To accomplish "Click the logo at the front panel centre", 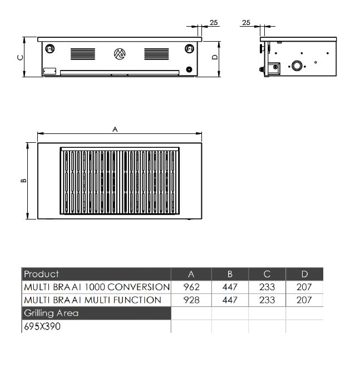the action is [x=120, y=54].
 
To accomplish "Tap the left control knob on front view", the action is [x=50, y=49].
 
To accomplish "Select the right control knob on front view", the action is [x=189, y=49].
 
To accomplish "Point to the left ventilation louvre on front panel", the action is [x=83, y=54].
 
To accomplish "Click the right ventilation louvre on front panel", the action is [x=156, y=54].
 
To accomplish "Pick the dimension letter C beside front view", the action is [x=21, y=57].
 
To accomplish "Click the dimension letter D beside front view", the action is [x=215, y=57].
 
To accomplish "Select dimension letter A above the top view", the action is [x=115, y=129].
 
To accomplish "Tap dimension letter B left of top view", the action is [x=23, y=181].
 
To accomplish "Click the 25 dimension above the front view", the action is [x=214, y=23].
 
